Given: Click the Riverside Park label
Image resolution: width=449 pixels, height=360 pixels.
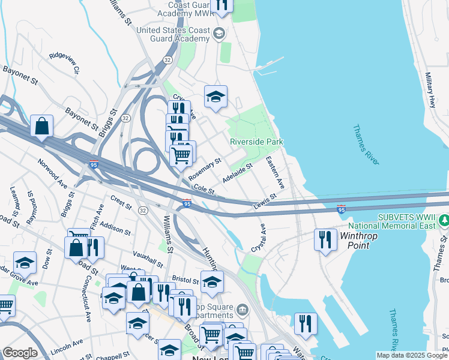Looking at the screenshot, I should pyautogui.click(x=256, y=142).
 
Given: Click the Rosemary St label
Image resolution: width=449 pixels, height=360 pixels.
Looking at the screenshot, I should pyautogui.click(x=205, y=170).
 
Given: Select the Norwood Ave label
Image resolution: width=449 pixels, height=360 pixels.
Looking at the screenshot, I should pyautogui.click(x=52, y=170).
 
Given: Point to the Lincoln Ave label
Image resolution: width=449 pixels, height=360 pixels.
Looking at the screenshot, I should pyautogui.click(x=67, y=346).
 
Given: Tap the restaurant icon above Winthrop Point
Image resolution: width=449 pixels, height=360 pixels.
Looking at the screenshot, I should pyautogui.click(x=325, y=239).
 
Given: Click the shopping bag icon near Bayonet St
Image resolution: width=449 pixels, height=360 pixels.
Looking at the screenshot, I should pyautogui.click(x=41, y=126).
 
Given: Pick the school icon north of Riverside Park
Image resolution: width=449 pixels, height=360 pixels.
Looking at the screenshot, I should pyautogui.click(x=215, y=96).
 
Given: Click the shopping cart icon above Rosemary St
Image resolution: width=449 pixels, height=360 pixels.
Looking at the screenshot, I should pyautogui.click(x=181, y=155).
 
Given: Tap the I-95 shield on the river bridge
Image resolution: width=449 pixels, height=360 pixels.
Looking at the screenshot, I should pyautogui.click(x=341, y=209).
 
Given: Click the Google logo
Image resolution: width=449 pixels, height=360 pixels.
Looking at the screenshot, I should pyautogui.click(x=20, y=353).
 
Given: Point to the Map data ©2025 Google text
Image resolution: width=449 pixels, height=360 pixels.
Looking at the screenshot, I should pyautogui.click(x=412, y=355).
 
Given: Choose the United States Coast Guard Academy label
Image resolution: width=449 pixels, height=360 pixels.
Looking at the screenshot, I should pyautogui.click(x=173, y=34).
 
